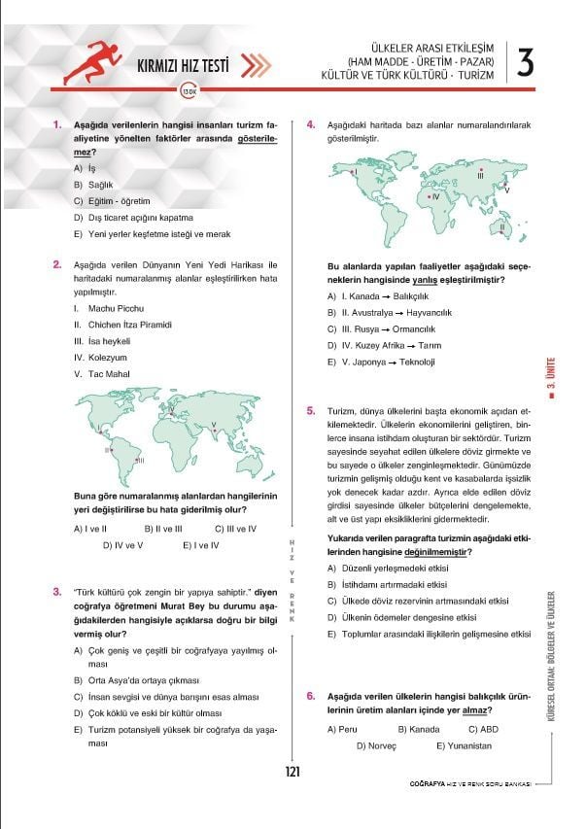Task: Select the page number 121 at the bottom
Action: pos(293,772)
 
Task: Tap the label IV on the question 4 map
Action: pos(435,196)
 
